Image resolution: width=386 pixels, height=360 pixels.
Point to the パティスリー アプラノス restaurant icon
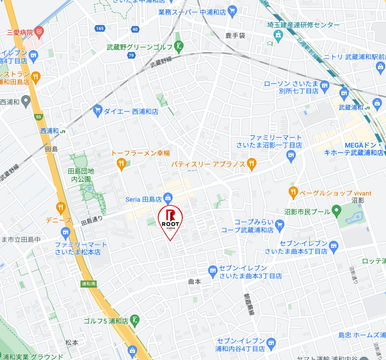coord(251,164)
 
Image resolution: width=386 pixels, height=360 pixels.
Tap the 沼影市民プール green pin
coord(336,211)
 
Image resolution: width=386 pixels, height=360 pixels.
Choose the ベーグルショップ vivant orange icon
coord(293,193)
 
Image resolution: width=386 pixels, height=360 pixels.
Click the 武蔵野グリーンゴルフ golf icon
coord(179,46)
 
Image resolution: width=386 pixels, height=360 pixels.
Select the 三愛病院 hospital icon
coord(40,33)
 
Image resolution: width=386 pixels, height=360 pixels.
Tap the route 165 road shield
coord(99,29)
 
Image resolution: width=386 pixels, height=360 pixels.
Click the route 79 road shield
coord(131,55)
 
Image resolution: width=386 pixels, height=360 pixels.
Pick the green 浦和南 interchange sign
coord(88,284)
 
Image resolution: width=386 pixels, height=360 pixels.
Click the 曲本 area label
coord(195,281)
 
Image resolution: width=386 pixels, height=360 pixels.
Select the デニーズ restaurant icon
coord(61,207)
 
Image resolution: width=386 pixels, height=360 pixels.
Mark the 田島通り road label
coord(91,222)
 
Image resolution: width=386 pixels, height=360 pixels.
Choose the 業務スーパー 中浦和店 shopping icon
coord(232,10)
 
